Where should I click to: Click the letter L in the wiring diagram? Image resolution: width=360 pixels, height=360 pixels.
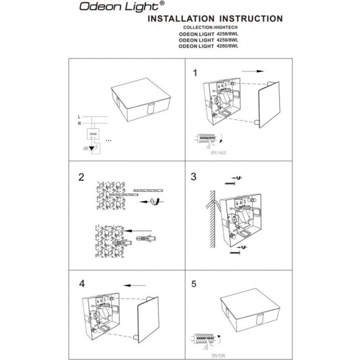click(x=78, y=116)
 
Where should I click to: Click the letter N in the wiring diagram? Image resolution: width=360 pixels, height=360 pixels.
click(x=78, y=123)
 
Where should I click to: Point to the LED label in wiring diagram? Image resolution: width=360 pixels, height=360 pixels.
click(x=85, y=149)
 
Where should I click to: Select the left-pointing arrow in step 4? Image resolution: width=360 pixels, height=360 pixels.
click(x=131, y=286)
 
